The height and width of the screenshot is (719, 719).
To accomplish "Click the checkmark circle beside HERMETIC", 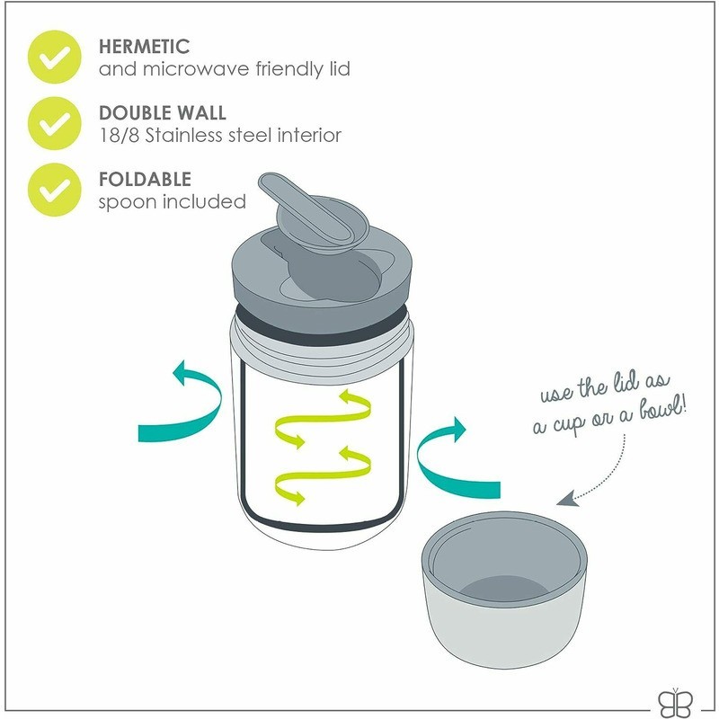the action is (55, 57).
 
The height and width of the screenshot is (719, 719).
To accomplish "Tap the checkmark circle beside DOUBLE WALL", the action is (55, 123).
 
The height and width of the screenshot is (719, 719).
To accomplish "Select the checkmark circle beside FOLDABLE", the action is (55, 190).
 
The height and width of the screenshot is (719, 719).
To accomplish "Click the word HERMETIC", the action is (144, 47).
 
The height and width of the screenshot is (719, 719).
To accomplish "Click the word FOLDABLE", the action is (145, 179).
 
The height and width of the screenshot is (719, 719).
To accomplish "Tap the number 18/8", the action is (120, 136).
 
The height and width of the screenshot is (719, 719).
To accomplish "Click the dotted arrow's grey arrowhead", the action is (567, 499).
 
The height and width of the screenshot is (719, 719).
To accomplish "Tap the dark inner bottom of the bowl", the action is (505, 589).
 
